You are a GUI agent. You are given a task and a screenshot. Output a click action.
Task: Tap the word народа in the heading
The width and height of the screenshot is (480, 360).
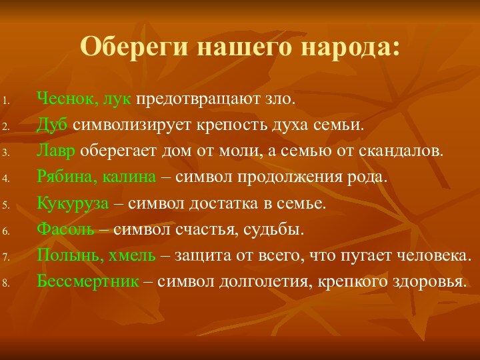click(351, 47)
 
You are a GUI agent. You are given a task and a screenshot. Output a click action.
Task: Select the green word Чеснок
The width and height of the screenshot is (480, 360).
click(65, 100)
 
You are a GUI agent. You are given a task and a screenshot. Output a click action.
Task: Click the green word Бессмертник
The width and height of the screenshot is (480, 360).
click(88, 281)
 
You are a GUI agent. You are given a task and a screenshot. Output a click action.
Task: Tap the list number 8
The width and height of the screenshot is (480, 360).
click(5, 283)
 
